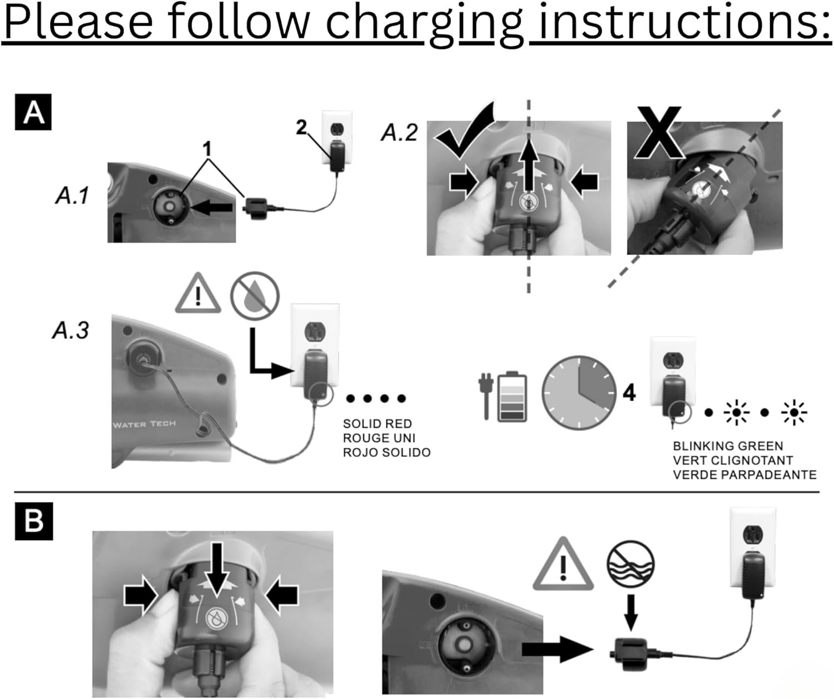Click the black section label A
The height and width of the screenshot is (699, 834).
[x=33, y=112]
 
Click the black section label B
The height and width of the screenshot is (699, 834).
[x=33, y=521]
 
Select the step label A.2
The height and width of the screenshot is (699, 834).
[x=399, y=133]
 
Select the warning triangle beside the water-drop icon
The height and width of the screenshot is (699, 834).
[x=198, y=293]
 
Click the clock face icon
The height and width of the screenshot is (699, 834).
[x=579, y=393]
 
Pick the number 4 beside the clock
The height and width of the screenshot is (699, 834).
[x=629, y=393]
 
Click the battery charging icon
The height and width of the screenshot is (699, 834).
[x=503, y=396]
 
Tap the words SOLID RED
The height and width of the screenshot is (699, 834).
[x=377, y=424]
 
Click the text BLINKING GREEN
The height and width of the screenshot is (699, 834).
[x=728, y=446]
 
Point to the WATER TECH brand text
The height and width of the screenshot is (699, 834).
[x=145, y=425]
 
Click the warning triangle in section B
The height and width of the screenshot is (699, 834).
[x=563, y=566]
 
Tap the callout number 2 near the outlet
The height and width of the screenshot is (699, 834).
[x=301, y=128]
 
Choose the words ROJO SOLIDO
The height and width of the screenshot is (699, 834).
[x=386, y=453]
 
